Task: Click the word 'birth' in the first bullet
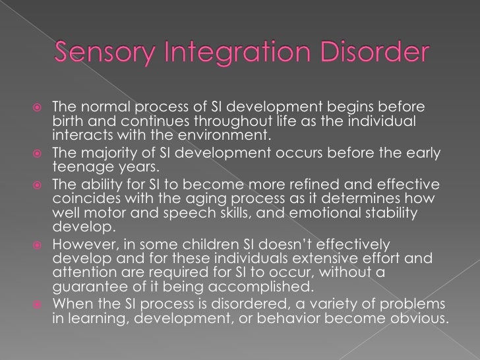66,123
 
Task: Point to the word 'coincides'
80,198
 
